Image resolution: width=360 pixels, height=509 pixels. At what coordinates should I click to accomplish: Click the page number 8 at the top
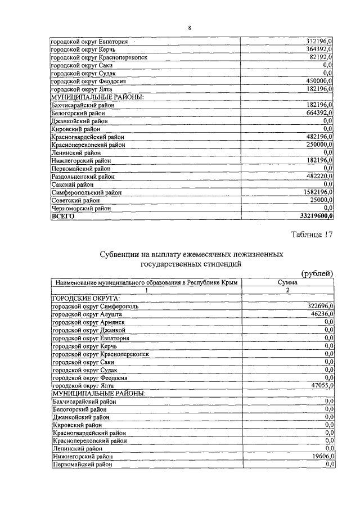[190, 28]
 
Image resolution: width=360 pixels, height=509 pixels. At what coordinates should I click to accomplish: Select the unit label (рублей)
[318, 273]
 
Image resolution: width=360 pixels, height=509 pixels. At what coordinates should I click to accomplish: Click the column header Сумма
[287, 282]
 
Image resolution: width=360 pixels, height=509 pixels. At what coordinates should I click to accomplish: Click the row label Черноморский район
[81, 208]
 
